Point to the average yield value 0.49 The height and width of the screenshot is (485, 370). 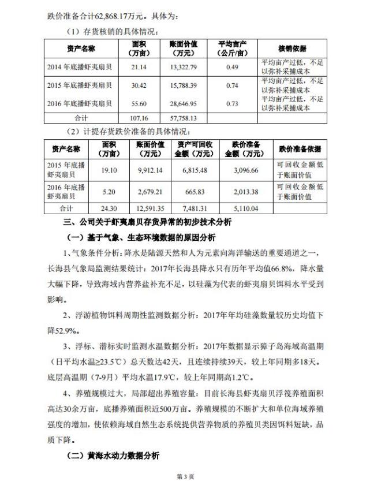tap(232, 68)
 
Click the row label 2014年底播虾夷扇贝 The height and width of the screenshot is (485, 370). tap(80, 68)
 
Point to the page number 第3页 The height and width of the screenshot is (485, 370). tap(185, 476)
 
